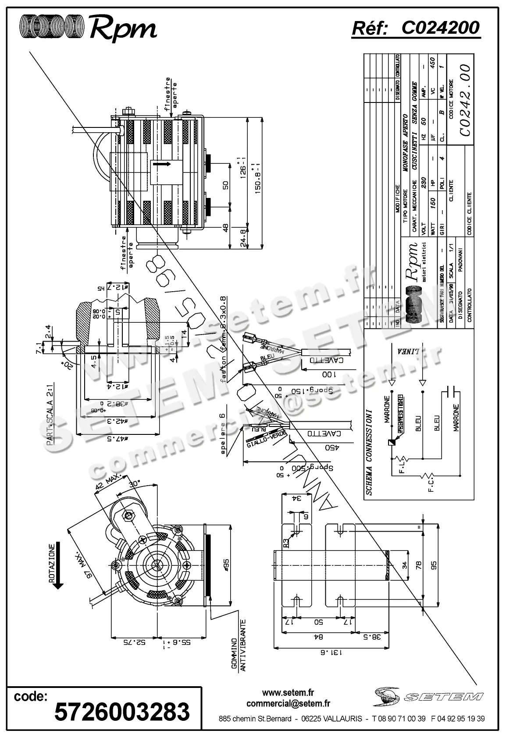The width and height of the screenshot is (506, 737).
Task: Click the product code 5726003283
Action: pyautogui.click(x=122, y=711)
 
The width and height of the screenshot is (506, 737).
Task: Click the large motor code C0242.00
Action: pyautogui.click(x=464, y=100)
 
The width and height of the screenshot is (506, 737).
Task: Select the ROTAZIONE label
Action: pyautogui.click(x=52, y=563)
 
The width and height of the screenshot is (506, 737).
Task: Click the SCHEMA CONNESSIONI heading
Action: pyautogui.click(x=369, y=452)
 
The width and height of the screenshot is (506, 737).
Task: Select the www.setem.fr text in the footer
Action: pyautogui.click(x=288, y=692)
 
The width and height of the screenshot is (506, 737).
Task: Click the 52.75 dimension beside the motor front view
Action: pyautogui.click(x=134, y=642)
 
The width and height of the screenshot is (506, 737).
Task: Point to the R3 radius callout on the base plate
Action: pyautogui.click(x=285, y=543)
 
